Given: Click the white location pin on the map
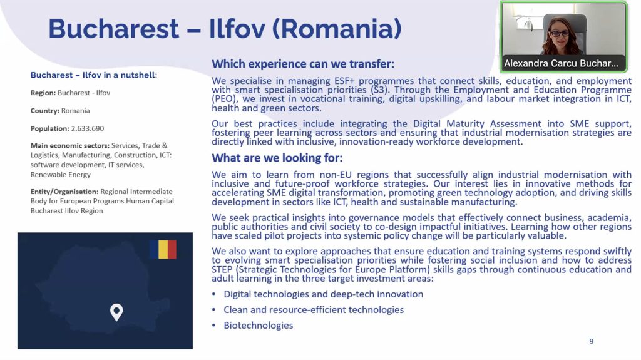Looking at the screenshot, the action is click(116, 312).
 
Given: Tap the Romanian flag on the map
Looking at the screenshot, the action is click(163, 250).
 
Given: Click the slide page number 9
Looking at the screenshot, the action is click(591, 341).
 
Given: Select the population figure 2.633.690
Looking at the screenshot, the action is click(88, 128).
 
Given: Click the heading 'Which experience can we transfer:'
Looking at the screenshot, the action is click(303, 64).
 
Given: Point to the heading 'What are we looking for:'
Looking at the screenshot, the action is click(277, 158).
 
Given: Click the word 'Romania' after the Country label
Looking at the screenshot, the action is click(76, 110).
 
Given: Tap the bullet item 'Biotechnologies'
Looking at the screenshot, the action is click(259, 325).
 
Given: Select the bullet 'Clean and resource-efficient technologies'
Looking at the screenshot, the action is click(314, 310).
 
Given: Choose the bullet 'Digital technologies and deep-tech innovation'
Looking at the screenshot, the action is click(324, 294).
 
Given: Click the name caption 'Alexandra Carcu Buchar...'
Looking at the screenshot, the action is click(561, 63).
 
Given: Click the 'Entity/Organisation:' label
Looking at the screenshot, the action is click(64, 192).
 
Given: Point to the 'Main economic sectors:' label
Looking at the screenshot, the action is click(70, 145).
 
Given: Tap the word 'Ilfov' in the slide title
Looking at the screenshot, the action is click(237, 29).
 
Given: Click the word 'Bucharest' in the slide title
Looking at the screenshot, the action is click(114, 29).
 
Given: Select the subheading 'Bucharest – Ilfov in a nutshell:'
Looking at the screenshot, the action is click(94, 75).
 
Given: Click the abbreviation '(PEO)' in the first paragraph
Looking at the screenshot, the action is click(224, 99).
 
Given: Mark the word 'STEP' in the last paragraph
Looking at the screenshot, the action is click(222, 270).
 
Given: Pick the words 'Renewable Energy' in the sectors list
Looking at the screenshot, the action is click(61, 175).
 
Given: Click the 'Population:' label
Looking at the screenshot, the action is click(50, 128).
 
